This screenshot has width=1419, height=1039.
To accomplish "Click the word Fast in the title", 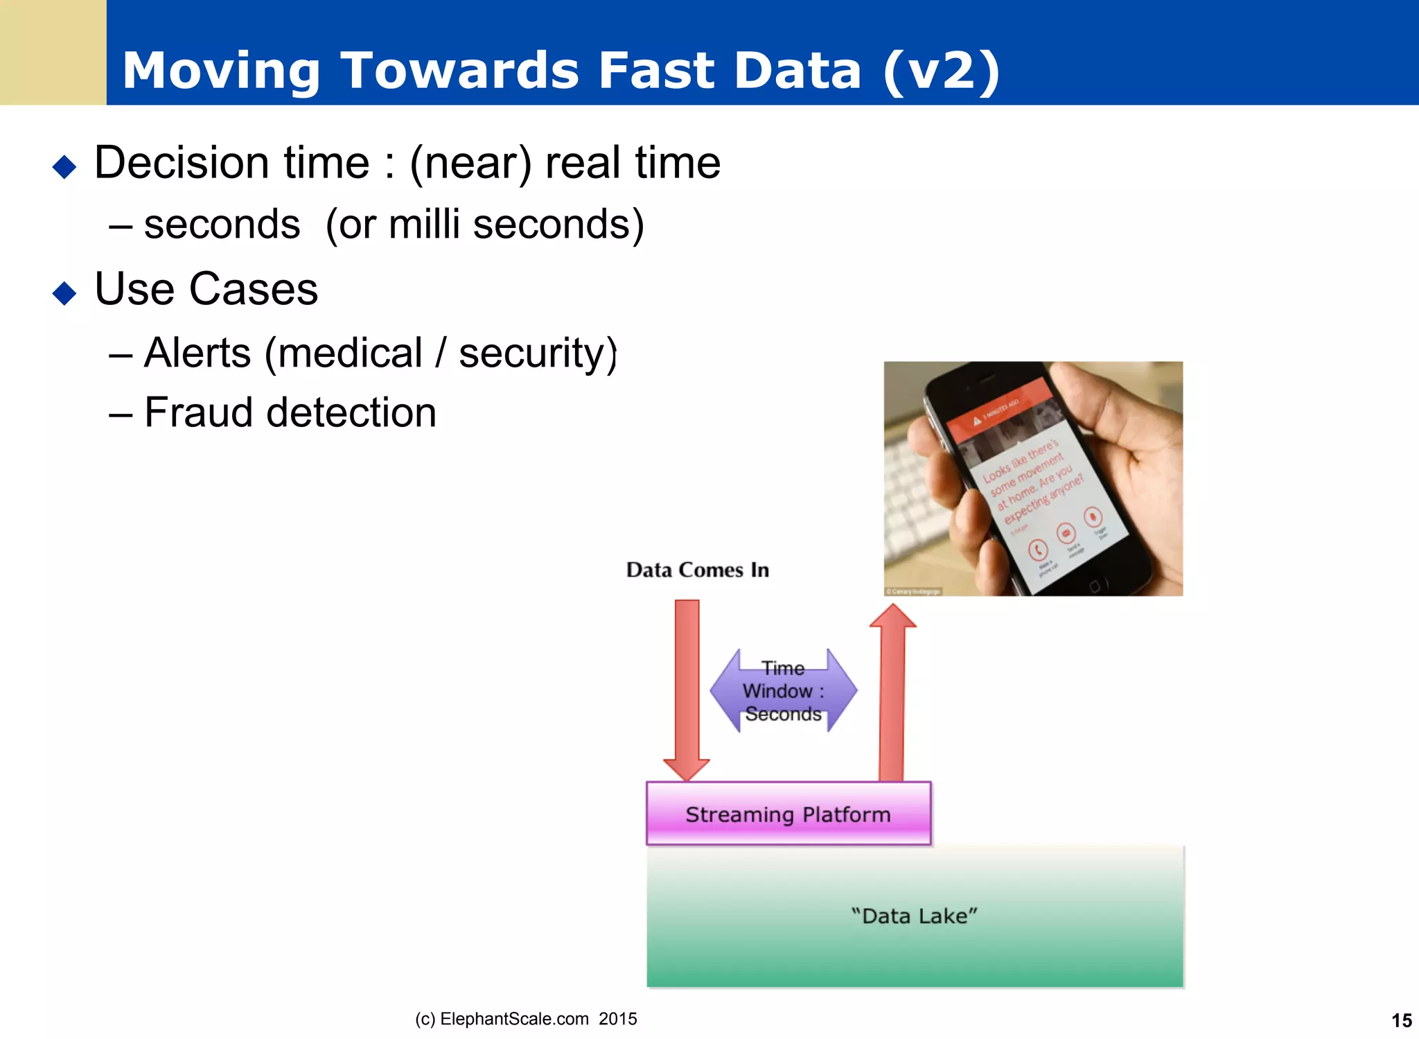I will [x=655, y=71].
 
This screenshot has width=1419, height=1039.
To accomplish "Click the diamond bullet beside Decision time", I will [x=64, y=166].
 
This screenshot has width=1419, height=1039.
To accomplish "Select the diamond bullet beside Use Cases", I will [x=64, y=293].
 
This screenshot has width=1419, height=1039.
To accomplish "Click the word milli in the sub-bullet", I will [x=424, y=225].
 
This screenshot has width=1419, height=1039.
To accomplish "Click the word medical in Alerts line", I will [x=350, y=353].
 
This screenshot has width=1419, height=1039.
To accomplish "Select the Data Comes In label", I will [x=697, y=570].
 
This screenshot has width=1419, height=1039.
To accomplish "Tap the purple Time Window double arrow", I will [x=784, y=691].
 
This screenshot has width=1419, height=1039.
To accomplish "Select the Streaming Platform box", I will [x=788, y=814].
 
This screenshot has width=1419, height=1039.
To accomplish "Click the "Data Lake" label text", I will [x=914, y=916].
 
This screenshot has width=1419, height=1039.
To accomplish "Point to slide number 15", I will [x=1401, y=1020].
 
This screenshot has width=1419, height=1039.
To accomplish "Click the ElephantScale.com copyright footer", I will [x=526, y=1019].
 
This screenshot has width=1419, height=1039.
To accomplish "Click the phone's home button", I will [x=1094, y=586].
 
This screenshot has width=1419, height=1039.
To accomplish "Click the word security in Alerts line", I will [x=537, y=353].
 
